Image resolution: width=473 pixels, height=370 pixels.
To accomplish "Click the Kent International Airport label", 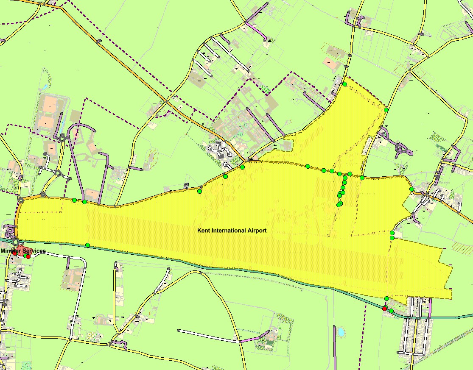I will click(x=232, y=231).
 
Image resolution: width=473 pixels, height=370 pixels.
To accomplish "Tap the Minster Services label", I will click(x=23, y=251).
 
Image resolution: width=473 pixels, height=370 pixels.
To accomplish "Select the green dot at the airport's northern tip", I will click(x=344, y=84).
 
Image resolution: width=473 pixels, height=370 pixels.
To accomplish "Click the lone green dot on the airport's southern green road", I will click(x=87, y=245).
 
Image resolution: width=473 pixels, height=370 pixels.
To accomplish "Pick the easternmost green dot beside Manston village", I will click(x=411, y=189).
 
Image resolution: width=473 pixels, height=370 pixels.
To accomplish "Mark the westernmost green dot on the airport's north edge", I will click(x=74, y=200).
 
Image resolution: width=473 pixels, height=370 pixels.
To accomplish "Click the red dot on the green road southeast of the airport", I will click(x=384, y=309).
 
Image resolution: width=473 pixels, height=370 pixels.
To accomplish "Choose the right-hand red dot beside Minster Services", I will click(x=28, y=256).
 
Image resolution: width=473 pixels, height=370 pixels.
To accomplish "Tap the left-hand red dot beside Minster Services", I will click(x=14, y=253).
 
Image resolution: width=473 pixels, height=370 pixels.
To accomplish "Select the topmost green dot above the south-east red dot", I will click(x=386, y=299).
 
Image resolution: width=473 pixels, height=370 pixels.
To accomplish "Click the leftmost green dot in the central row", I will click(x=308, y=166).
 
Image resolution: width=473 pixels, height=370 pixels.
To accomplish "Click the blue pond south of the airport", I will click(x=341, y=332).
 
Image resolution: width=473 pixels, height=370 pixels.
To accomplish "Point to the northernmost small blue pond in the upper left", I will click(x=45, y=87).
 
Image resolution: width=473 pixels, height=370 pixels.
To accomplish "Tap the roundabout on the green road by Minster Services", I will click(x=16, y=242).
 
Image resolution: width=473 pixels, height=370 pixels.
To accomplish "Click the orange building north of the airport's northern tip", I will click(x=330, y=62).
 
